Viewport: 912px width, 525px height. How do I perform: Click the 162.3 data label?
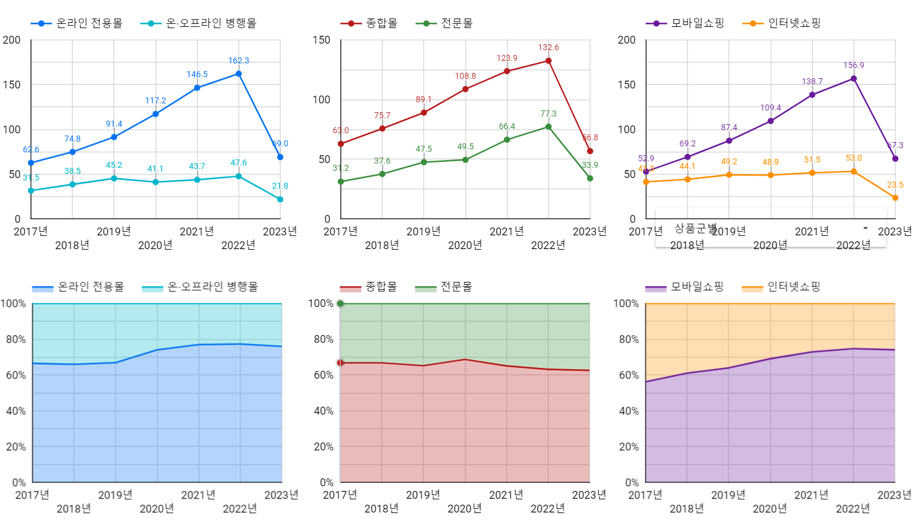tap(239, 60)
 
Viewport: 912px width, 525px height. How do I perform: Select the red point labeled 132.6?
tap(549, 61)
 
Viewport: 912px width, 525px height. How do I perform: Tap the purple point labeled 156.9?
tap(854, 79)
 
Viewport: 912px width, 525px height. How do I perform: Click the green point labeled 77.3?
tap(549, 127)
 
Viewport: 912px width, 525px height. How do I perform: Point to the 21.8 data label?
tap(280, 186)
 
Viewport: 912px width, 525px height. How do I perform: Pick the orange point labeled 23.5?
tap(895, 198)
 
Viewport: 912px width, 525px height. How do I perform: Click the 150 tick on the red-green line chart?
tap(321, 40)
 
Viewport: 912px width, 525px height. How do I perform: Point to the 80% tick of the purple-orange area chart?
tap(628, 339)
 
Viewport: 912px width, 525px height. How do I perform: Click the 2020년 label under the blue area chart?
tap(156, 508)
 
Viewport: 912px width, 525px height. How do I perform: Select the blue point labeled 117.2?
tap(156, 114)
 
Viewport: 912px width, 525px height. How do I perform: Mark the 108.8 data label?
tap(466, 76)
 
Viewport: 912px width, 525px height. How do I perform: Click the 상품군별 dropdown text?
tap(695, 228)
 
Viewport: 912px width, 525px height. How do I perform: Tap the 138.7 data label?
tap(812, 81)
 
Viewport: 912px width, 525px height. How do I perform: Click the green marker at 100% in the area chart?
tap(340, 303)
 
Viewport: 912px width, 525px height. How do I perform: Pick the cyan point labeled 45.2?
tap(114, 179)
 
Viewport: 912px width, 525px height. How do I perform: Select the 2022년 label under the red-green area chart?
tap(547, 508)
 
